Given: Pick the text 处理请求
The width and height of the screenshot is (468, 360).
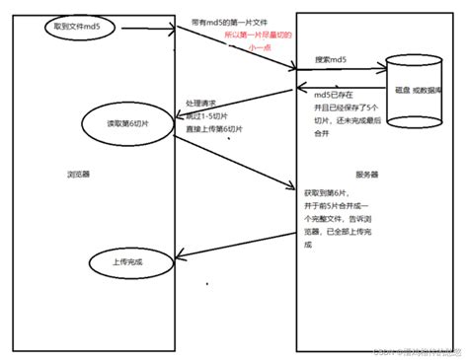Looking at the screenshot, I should pos(202,102).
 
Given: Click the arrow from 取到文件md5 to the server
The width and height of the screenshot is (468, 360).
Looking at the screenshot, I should pos(237,50).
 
